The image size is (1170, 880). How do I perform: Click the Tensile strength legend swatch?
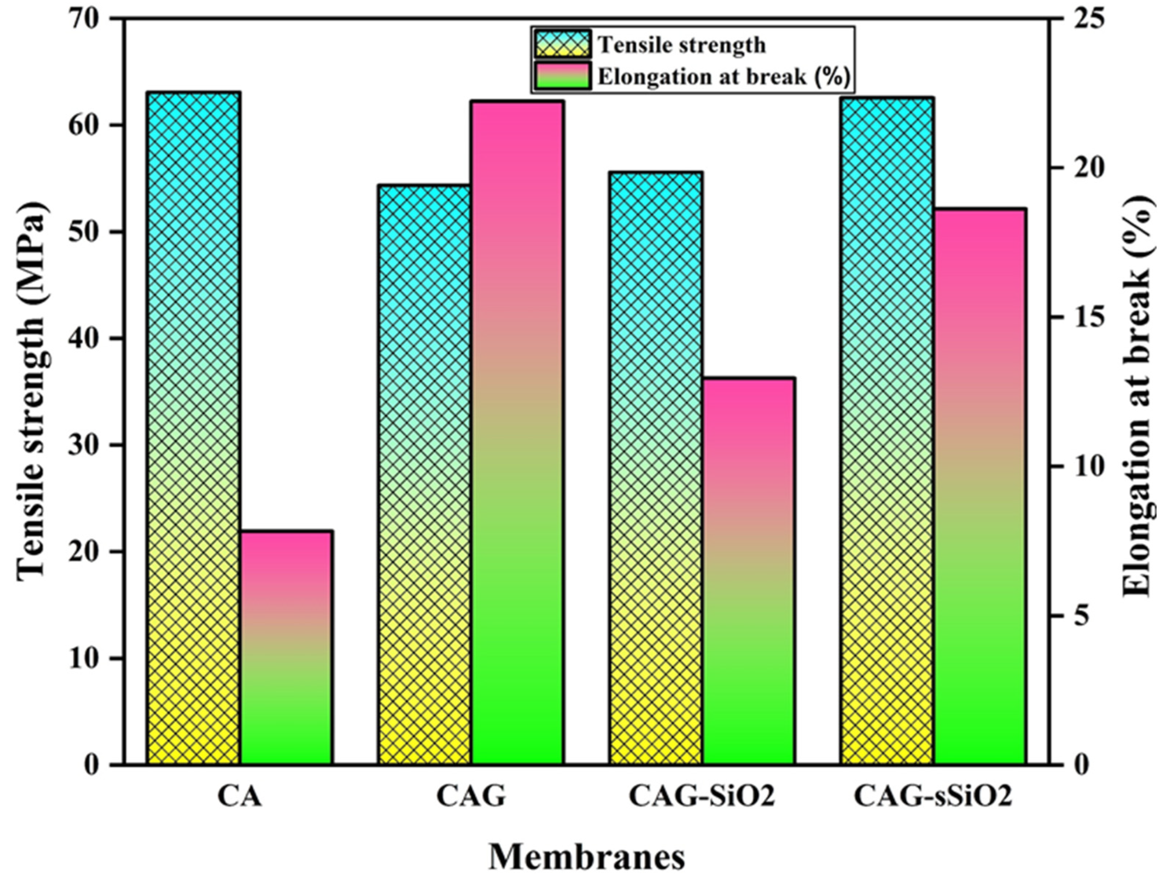pyautogui.click(x=562, y=45)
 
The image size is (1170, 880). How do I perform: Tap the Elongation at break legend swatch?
pyautogui.click(x=562, y=75)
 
